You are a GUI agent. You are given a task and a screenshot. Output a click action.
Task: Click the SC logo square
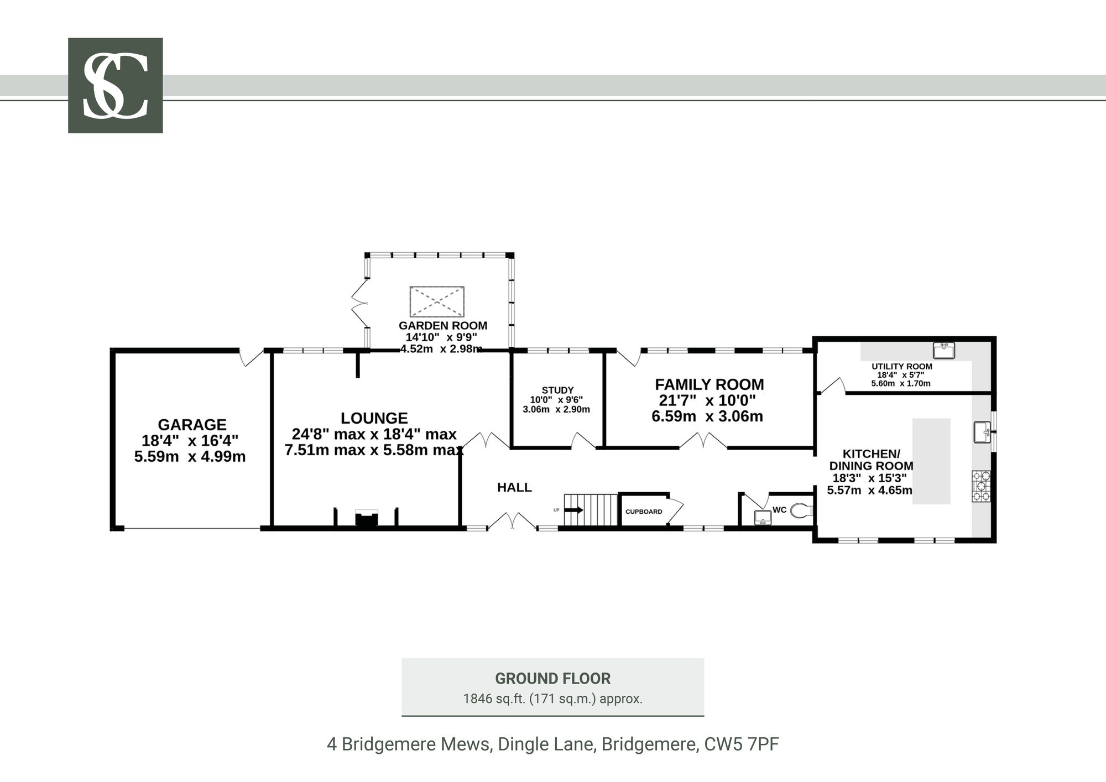(115, 85)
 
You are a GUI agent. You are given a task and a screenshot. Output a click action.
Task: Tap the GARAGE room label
(192, 425)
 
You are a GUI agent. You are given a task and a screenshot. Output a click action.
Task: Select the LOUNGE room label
(374, 418)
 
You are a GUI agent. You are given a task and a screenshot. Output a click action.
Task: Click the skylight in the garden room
(437, 302)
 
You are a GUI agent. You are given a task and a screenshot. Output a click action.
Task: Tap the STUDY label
(557, 390)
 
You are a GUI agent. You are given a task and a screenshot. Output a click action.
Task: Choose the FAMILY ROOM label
(709, 384)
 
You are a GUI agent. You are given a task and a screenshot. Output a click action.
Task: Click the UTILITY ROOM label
(902, 367)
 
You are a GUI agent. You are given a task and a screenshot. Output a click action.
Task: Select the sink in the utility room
(944, 350)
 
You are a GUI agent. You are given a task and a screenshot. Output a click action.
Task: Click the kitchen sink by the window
(982, 432)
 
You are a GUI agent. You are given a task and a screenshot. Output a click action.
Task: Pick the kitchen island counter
(931, 461)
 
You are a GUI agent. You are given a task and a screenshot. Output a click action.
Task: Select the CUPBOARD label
(644, 512)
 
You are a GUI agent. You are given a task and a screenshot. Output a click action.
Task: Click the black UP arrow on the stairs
(573, 510)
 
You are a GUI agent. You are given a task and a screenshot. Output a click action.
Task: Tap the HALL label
(514, 487)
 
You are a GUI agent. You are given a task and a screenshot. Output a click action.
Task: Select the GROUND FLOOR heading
(553, 679)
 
